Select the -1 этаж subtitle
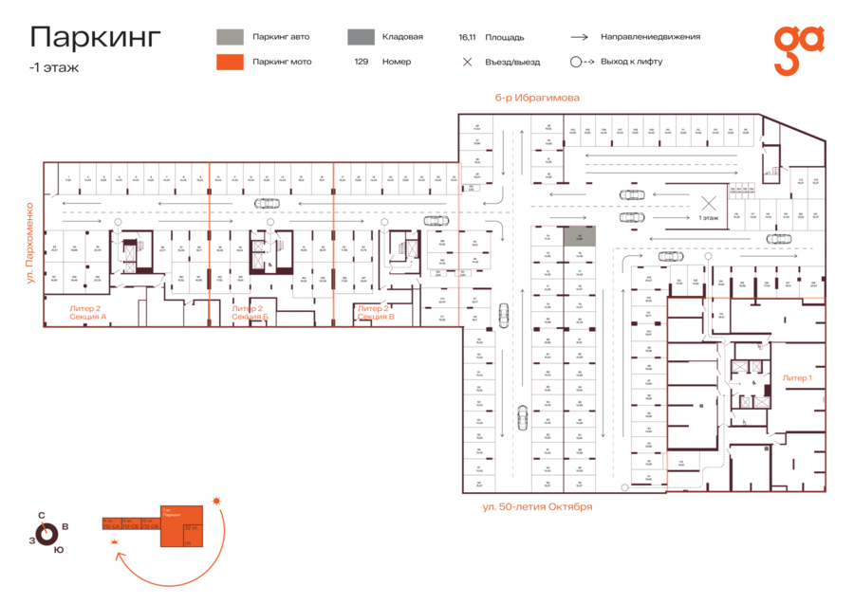[54, 67]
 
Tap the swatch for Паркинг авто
[230, 37]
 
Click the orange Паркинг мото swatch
[230, 62]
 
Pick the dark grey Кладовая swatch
[360, 37]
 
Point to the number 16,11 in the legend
[466, 37]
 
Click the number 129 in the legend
[362, 62]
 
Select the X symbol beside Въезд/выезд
[467, 62]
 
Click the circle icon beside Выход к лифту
[576, 62]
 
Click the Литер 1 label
[796, 377]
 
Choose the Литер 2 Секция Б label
[248, 312]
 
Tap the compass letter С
[42, 516]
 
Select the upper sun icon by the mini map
[217, 500]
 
